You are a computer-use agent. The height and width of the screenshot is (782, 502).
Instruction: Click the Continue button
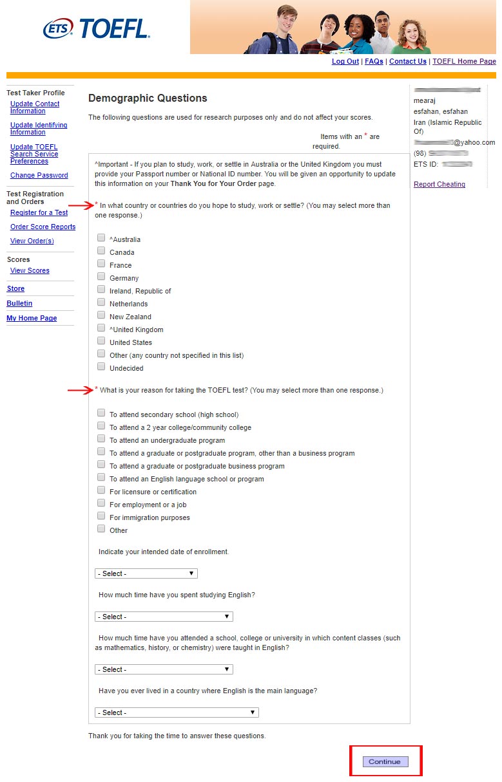(x=385, y=761)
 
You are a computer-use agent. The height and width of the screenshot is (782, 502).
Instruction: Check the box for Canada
(x=101, y=251)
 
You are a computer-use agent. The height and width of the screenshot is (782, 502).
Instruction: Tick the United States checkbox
(x=101, y=341)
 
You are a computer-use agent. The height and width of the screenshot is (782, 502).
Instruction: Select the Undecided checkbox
(x=101, y=367)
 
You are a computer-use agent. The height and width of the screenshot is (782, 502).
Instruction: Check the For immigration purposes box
(x=101, y=516)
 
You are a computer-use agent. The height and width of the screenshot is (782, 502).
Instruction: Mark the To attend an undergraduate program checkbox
(x=101, y=439)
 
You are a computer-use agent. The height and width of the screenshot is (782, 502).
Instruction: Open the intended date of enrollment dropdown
(x=146, y=573)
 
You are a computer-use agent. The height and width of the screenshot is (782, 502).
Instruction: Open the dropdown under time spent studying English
(x=164, y=617)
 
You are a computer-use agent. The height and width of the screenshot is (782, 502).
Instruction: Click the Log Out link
(x=345, y=62)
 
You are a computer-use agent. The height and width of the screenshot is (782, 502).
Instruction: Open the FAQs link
(x=374, y=62)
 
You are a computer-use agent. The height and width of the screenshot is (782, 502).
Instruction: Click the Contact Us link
(x=408, y=62)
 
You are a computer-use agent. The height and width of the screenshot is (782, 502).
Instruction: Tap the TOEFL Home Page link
(x=464, y=62)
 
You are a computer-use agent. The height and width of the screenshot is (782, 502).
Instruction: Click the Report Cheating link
(x=439, y=185)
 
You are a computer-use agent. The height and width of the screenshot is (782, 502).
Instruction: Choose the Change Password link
(x=39, y=176)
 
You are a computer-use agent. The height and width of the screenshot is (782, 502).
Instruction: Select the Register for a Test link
(x=39, y=213)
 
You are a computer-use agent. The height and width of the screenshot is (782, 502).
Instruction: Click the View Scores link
(x=30, y=271)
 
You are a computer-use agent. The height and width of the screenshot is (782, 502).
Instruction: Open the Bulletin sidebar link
(x=19, y=304)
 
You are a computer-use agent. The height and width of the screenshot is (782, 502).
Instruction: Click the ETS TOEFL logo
(x=96, y=28)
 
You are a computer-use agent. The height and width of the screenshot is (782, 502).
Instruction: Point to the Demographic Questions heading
(x=148, y=98)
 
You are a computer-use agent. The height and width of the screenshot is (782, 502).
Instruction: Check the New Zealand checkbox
(x=101, y=315)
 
